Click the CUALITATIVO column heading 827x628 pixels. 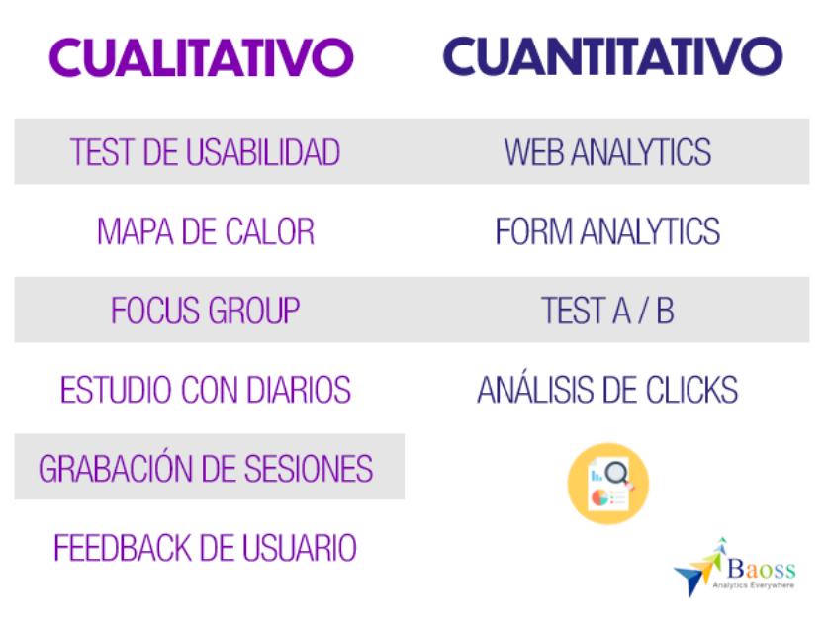coord(202,57)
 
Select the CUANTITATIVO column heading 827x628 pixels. coord(613,56)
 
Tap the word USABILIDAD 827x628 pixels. coord(263,152)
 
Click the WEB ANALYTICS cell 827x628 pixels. coord(607,152)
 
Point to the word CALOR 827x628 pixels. coord(269,231)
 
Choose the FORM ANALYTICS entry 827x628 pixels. coord(607,231)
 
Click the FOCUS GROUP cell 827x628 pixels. coord(205,311)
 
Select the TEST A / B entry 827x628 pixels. coord(607,311)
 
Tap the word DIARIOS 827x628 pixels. coord(299,390)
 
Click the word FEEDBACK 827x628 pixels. coord(123,548)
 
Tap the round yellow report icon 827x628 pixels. coord(608,484)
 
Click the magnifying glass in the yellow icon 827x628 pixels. coord(618,474)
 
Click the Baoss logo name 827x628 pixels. coord(761,569)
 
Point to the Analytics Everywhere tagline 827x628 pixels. coord(753,585)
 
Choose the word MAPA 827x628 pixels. coord(135,231)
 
